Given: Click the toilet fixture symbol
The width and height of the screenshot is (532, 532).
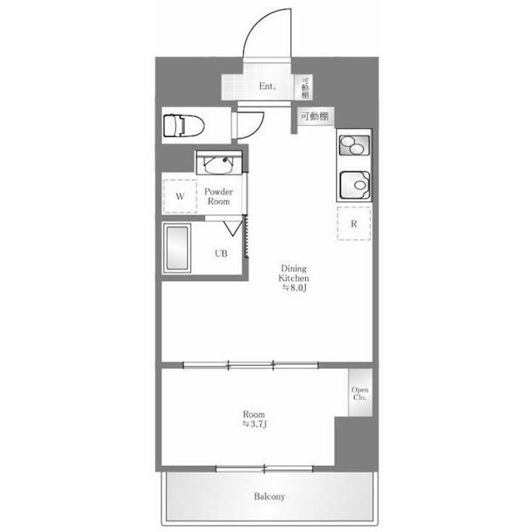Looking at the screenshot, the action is click(184, 126).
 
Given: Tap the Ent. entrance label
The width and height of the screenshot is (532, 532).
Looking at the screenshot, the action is click(268, 86).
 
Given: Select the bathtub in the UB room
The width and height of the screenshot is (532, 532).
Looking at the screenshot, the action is click(176, 248).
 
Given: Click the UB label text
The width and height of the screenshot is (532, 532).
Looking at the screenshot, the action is click(221, 254).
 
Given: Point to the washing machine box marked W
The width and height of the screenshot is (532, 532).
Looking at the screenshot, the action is click(180, 196).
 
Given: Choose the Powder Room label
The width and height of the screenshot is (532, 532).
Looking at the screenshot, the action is click(219, 196).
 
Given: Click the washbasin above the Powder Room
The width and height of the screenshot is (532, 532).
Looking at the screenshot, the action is click(219, 163).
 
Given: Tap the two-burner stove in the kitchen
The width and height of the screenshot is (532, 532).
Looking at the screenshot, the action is click(354, 145).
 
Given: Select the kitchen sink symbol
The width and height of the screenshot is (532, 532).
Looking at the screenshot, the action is click(355, 185).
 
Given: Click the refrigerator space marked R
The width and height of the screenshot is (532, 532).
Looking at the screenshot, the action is click(354, 224).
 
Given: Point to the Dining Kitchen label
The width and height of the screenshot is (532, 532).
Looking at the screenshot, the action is click(293, 273).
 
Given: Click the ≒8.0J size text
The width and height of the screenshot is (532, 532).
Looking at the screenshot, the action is click(294, 288).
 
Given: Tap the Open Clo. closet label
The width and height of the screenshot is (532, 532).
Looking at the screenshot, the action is click(360, 393).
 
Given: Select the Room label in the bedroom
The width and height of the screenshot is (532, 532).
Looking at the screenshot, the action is click(254, 414).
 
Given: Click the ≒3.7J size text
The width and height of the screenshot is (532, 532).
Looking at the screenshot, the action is click(254, 424).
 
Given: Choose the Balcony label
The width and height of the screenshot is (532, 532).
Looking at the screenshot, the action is click(269, 496).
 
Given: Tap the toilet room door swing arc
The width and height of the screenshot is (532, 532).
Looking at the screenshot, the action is click(258, 129).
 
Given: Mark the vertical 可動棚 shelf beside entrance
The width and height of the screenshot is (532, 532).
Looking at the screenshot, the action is click(305, 86).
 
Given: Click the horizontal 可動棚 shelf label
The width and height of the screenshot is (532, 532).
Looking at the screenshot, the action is click(315, 116).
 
